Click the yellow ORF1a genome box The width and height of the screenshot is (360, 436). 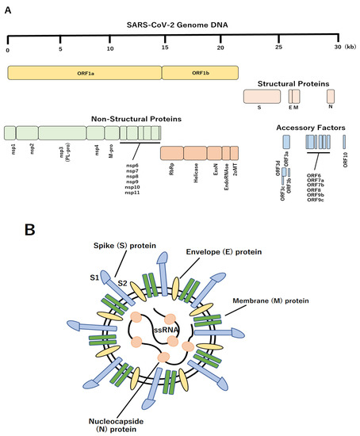coord(85,72)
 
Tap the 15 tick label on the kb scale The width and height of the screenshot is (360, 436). coord(165,49)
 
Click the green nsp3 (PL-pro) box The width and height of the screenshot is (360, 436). coord(62,132)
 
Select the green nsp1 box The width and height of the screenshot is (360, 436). coord(10,132)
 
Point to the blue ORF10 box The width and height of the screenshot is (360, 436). coord(346,142)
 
